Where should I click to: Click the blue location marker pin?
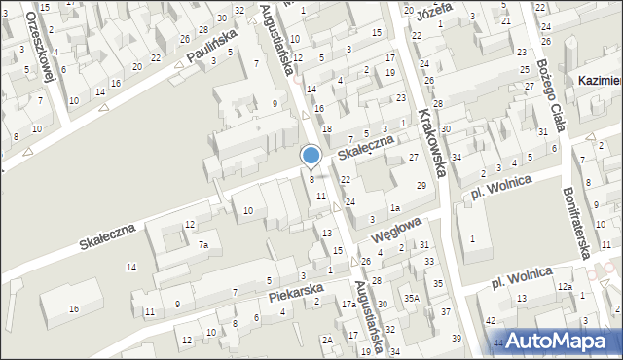311,155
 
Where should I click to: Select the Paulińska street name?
213,48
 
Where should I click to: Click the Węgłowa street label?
394,231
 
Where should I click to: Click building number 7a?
202,245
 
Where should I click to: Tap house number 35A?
412,299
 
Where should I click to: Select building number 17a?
348,305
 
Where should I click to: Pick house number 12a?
565,287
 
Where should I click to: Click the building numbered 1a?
395,208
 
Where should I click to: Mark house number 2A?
328,340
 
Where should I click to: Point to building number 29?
421,185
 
